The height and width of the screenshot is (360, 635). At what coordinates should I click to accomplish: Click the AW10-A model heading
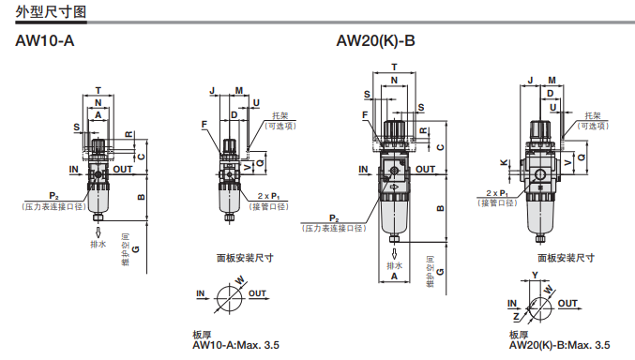point(44,41)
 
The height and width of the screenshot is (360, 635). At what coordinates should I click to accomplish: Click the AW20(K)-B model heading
point(375,41)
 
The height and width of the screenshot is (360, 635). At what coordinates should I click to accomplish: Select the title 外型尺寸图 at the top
point(51,12)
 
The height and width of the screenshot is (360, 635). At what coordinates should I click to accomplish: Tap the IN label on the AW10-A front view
point(74,170)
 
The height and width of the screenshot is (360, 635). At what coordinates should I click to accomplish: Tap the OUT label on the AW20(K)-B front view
point(425,170)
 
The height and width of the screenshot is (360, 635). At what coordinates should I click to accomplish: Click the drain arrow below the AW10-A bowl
point(98,232)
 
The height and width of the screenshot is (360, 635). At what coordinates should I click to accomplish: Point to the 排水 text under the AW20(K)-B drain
point(395,265)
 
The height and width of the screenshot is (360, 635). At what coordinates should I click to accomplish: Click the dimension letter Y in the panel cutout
point(535,275)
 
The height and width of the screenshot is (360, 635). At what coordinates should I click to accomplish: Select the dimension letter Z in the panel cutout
point(516,317)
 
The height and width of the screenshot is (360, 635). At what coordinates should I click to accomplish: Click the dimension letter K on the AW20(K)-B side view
point(504,163)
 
